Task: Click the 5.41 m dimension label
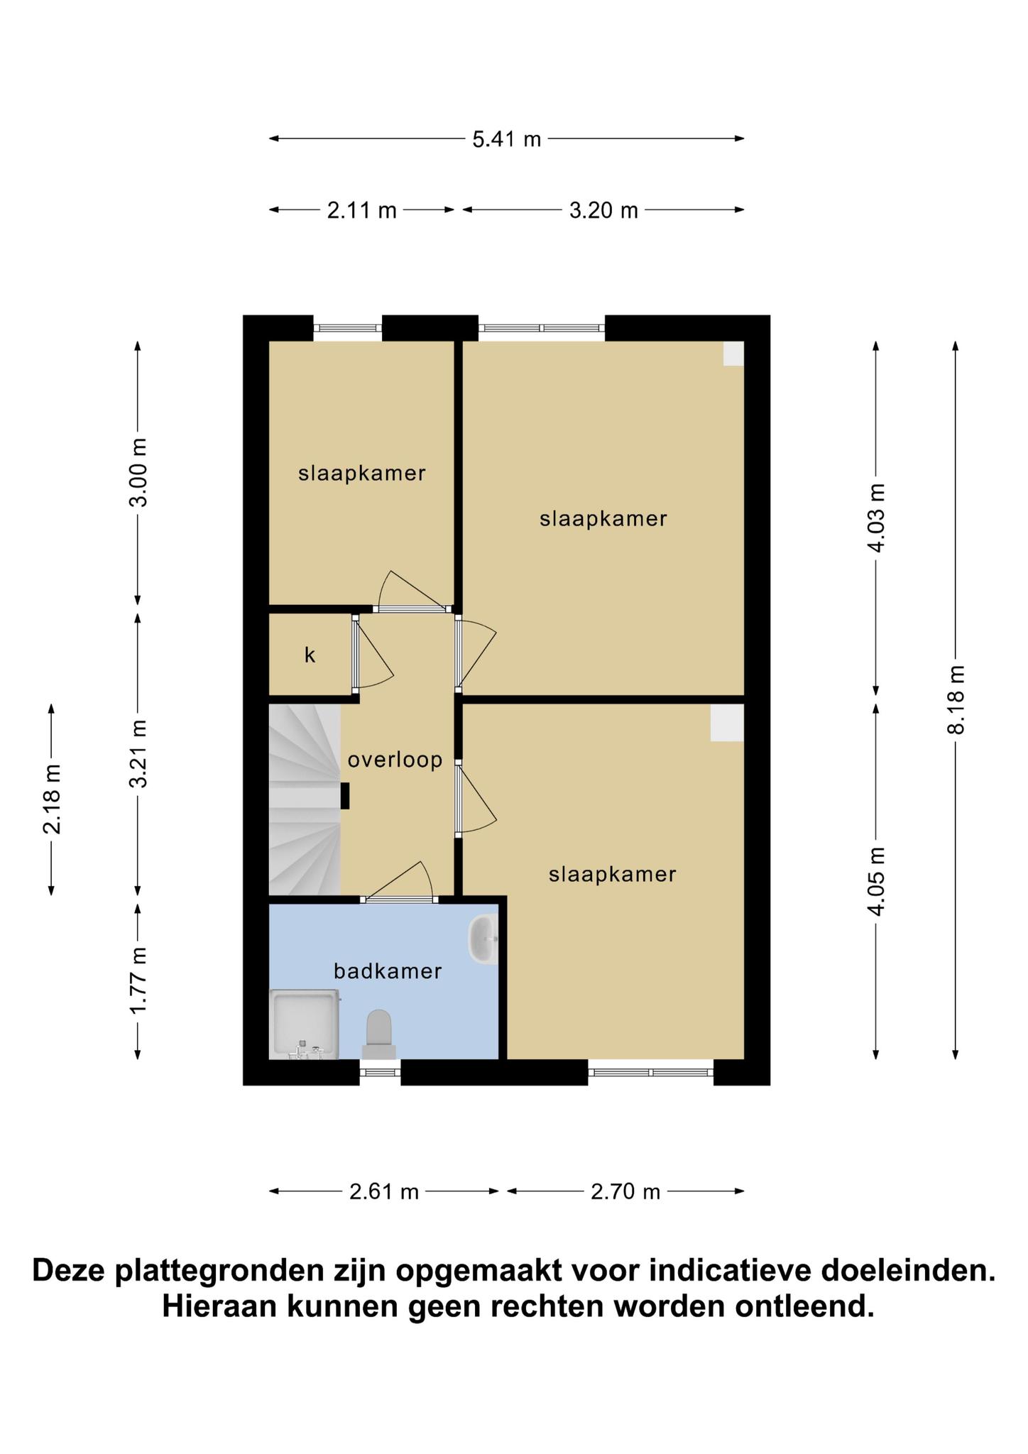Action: point(507,139)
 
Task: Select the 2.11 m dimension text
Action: point(361,210)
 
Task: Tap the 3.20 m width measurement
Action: point(603,210)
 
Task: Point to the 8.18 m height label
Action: point(956,700)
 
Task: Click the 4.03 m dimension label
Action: point(877,518)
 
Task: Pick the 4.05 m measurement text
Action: point(877,881)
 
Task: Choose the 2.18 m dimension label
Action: point(51,799)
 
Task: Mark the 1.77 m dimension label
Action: point(138,981)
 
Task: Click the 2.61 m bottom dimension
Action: point(384,1191)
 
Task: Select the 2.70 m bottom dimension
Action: point(625,1191)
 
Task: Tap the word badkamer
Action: point(388,971)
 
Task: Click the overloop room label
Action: point(395,760)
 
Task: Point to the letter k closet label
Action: point(310,655)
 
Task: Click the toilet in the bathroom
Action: point(378,1034)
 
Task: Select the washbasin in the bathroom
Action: point(483,939)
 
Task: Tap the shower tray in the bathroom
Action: point(305,1024)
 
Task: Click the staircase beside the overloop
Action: point(305,799)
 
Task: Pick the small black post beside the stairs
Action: point(345,796)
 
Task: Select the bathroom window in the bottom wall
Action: point(380,1072)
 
